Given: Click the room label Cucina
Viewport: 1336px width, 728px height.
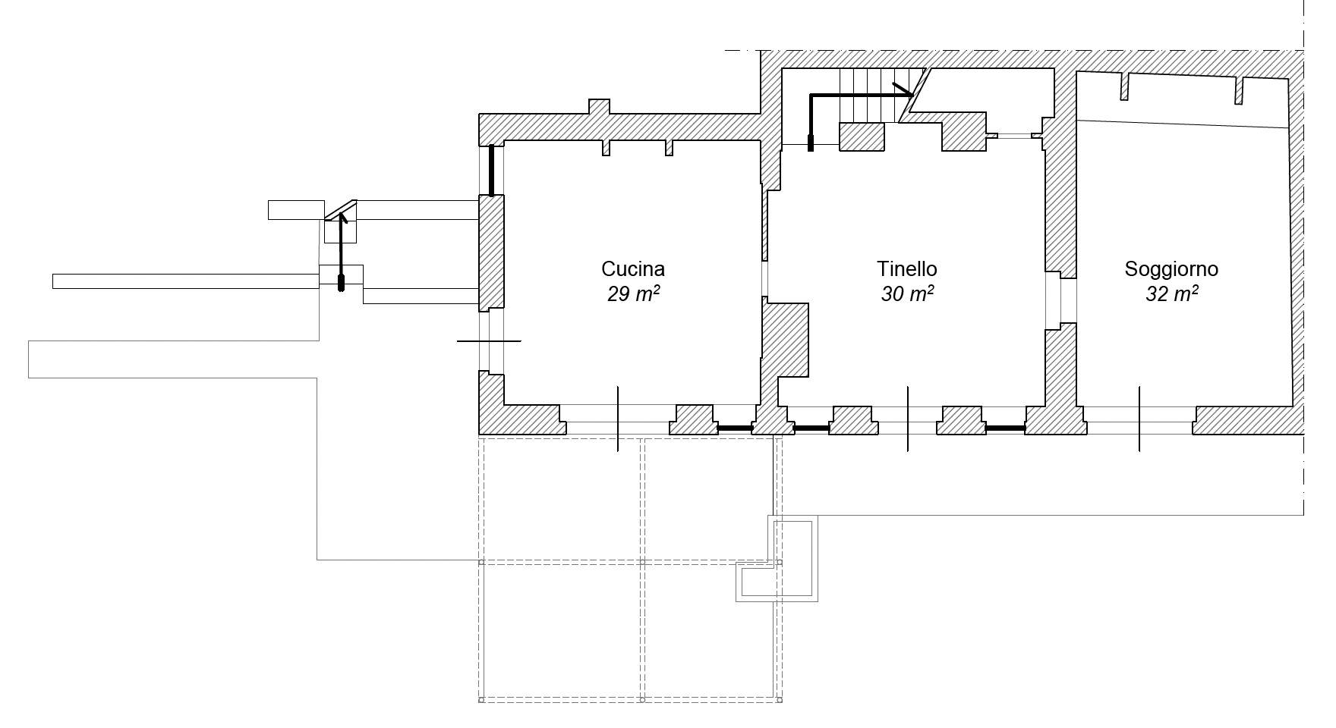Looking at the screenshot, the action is pyautogui.click(x=633, y=269).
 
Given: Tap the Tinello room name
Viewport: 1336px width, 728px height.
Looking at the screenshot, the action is pyautogui.click(x=907, y=269).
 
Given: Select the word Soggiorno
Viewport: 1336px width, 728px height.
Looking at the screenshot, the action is pyautogui.click(x=1171, y=269).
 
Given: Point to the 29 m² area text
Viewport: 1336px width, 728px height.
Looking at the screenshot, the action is pyautogui.click(x=633, y=294).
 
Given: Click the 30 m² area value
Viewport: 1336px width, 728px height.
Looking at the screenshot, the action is pyautogui.click(x=907, y=294).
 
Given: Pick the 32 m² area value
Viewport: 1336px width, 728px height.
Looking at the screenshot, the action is pyautogui.click(x=1171, y=294).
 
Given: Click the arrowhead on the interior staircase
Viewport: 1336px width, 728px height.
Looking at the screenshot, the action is pyautogui.click(x=903, y=90).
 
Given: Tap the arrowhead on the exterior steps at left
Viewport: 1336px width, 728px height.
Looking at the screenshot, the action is pyautogui.click(x=341, y=218).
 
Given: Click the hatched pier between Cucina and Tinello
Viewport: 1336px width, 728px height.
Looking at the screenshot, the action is pyautogui.click(x=785, y=339).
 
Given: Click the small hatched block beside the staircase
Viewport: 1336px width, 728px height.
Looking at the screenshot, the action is pyautogui.click(x=862, y=136).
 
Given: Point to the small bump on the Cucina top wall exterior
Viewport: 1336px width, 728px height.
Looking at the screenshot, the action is pyautogui.click(x=599, y=107).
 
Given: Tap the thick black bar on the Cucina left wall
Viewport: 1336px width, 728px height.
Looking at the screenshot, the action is pyautogui.click(x=491, y=170).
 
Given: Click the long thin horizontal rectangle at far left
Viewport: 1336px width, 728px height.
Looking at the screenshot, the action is pyautogui.click(x=185, y=281).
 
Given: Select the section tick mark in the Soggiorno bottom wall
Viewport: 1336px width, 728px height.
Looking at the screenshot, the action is pyautogui.click(x=1139, y=419).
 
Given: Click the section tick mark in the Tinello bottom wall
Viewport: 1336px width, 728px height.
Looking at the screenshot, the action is pyautogui.click(x=908, y=419).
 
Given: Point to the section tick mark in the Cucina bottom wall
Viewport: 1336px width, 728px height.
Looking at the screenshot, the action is pyautogui.click(x=618, y=419).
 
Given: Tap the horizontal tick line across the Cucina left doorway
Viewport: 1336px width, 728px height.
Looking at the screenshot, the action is pyautogui.click(x=489, y=341).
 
